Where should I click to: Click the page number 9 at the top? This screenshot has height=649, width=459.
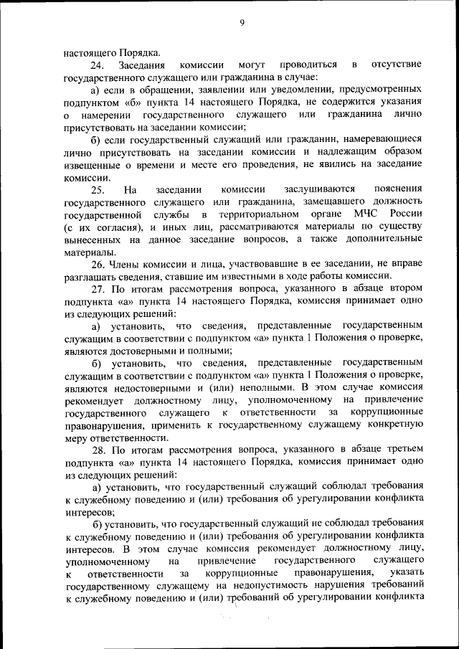click(x=242, y=24)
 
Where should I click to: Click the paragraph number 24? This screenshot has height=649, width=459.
click(x=98, y=65)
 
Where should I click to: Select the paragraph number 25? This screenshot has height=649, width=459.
click(x=98, y=189)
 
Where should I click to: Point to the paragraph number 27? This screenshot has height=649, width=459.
click(x=98, y=289)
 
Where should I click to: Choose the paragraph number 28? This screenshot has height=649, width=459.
click(x=98, y=449)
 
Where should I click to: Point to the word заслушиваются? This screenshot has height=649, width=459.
click(x=318, y=189)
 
